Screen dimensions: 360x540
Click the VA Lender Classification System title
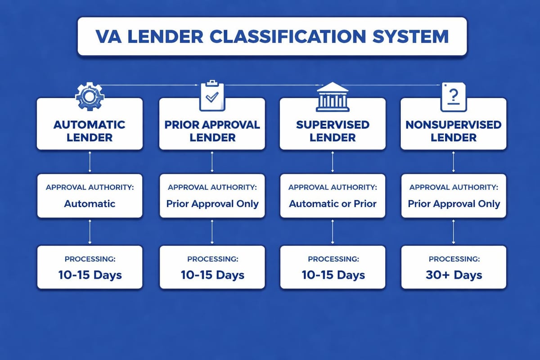click(272, 36)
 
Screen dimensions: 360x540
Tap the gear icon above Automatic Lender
click(90, 96)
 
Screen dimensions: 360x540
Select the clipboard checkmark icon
click(212, 95)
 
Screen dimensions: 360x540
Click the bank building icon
click(333, 96)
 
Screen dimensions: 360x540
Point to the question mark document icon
click(453, 96)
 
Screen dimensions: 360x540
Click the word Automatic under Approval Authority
click(90, 203)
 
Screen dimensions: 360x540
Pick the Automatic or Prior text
click(333, 203)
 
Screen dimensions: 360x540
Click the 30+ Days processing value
click(454, 274)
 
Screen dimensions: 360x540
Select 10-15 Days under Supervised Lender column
click(333, 274)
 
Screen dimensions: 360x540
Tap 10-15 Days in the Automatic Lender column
click(90, 274)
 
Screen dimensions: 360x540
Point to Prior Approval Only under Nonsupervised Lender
click(454, 203)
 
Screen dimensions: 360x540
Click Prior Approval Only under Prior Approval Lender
click(212, 203)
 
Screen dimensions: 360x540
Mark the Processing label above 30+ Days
click(454, 259)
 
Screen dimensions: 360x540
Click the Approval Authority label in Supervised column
click(333, 187)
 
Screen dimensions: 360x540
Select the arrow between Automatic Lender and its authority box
click(90, 162)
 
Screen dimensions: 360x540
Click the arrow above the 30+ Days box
click(453, 232)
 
